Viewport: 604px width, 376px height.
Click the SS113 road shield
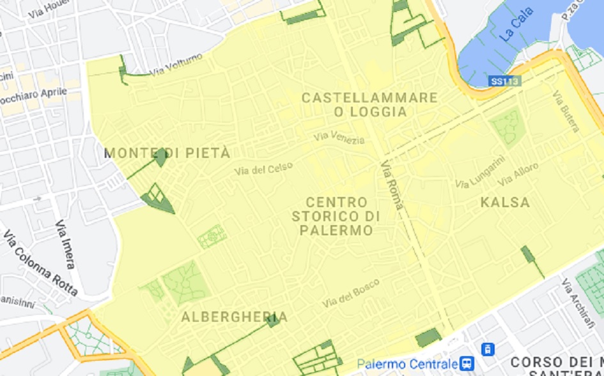506,81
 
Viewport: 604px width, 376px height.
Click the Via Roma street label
392,185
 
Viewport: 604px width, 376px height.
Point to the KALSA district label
506,203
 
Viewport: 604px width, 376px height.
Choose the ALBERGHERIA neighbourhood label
234,317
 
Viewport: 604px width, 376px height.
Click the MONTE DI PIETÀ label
167,153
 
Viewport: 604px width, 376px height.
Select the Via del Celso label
263,169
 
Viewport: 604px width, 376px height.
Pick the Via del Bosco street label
351,292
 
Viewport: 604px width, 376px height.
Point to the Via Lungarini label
480,172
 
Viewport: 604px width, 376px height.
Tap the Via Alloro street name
518,172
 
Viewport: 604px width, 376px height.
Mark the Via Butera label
566,112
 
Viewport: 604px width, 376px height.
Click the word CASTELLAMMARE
369,98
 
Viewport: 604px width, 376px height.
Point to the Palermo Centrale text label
407,364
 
